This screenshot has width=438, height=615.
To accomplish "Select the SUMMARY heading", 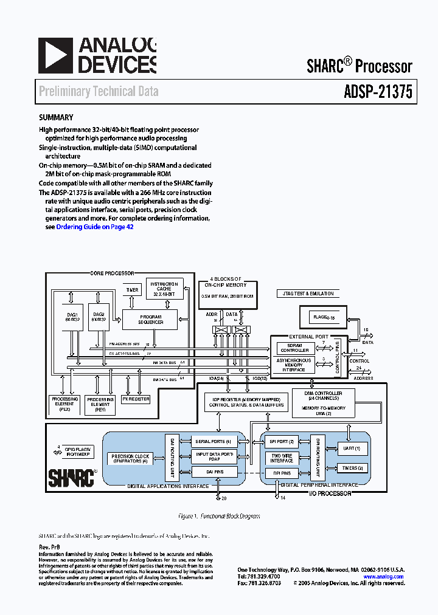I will pyautogui.click(x=56, y=118).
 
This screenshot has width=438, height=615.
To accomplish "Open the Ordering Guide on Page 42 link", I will pyautogui.click(x=95, y=227).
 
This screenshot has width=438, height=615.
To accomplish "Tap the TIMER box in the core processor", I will pyautogui.click(x=132, y=290).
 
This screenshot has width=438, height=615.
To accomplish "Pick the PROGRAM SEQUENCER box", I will pyautogui.click(x=150, y=319).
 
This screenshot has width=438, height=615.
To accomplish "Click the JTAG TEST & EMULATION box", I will pyautogui.click(x=313, y=294).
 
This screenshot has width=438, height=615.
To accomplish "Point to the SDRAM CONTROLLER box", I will pyautogui.click(x=294, y=348).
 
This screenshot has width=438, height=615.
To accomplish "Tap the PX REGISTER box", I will pyautogui.click(x=136, y=399).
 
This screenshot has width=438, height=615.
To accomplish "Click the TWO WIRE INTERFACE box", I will pyautogui.click(x=282, y=458).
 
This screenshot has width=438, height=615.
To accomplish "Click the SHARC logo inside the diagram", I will pyautogui.click(x=71, y=476).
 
